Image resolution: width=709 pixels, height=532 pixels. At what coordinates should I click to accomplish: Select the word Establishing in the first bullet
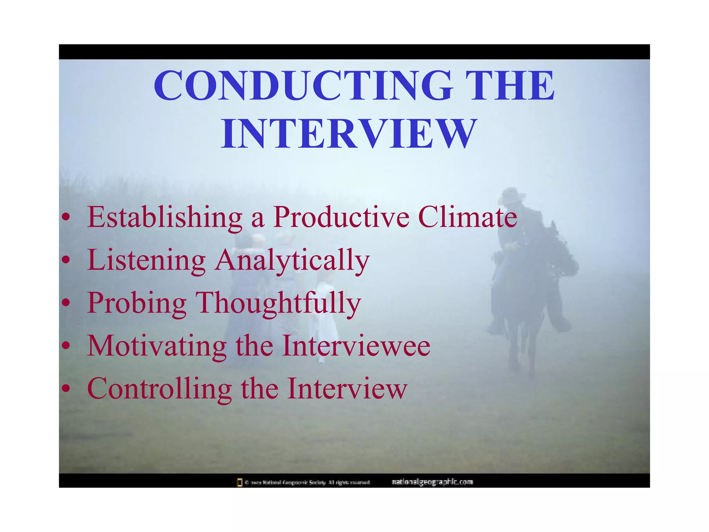165,217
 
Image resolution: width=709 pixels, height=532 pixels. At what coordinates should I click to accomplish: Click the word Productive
341,217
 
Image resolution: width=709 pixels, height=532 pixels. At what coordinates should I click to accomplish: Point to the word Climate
467,217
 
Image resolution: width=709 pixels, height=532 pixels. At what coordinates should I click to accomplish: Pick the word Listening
146,260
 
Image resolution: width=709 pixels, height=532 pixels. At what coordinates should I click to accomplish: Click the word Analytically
292,260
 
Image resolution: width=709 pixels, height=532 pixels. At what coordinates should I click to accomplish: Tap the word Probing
137,303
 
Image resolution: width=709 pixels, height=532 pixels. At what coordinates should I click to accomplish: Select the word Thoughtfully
279,303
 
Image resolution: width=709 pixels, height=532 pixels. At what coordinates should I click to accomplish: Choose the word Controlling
160,389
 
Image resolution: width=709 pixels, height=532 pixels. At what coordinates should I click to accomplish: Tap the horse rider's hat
512,195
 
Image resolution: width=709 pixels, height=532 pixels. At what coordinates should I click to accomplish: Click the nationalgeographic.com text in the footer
432,482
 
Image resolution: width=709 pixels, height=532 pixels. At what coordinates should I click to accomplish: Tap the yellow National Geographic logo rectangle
239,482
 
